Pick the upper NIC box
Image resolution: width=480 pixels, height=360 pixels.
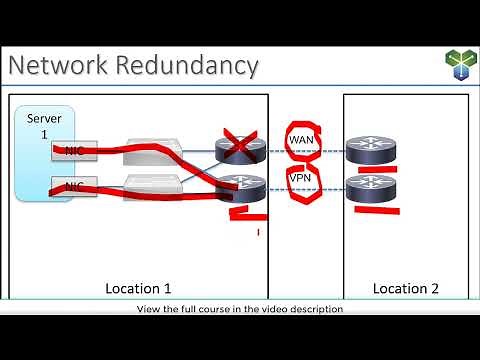coord(73,151)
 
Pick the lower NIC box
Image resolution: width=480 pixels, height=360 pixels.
coord(73,186)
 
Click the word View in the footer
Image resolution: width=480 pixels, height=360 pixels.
coord(147,309)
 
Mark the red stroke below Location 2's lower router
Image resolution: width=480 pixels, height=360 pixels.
coord(373,210)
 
